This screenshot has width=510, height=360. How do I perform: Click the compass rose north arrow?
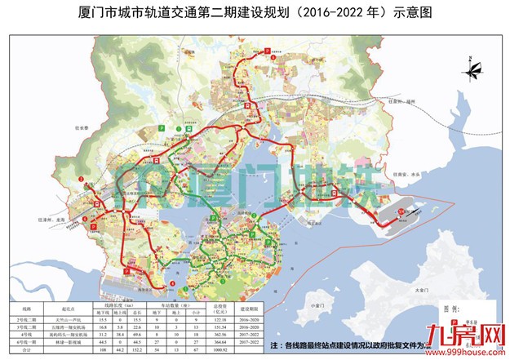click(471, 64)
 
